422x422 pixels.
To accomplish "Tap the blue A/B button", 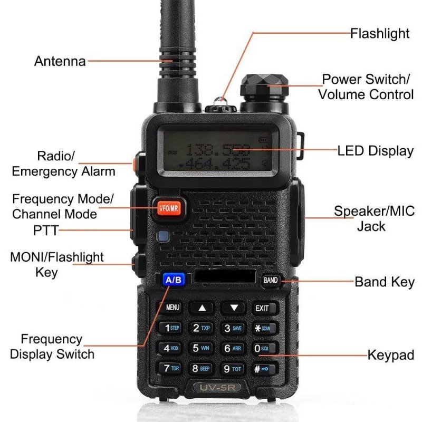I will (x=174, y=280).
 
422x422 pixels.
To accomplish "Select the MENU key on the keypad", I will (x=173, y=307).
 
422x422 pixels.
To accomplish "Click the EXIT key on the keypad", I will (x=262, y=308).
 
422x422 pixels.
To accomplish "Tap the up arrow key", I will (x=203, y=308).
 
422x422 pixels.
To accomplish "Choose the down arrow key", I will (x=233, y=308).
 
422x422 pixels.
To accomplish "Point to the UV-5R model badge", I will (x=218, y=389).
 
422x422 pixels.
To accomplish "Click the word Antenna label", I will (x=60, y=61).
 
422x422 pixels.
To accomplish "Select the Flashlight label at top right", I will (x=380, y=34).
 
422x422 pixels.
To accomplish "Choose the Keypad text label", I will (x=390, y=355).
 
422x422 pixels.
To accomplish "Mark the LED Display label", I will (x=375, y=151).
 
